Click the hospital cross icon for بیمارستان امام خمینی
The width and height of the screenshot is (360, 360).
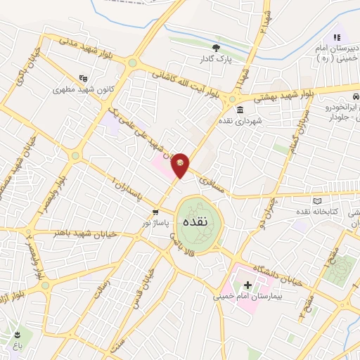pyautogui.click(x=247, y=285)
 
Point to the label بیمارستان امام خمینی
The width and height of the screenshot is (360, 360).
pyautogui.click(x=247, y=297)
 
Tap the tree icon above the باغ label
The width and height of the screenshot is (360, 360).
pyautogui.click(x=16, y=333)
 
